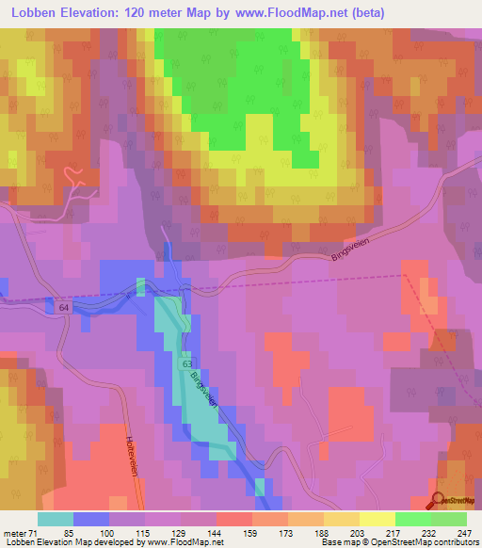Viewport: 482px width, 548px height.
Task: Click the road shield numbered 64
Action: tap(63, 308)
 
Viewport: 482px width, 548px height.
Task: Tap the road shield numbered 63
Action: tap(188, 363)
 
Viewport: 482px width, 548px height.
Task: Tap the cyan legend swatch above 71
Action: tap(56, 519)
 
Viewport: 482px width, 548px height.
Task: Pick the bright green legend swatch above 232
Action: tap(412, 519)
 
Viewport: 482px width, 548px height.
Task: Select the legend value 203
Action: tap(341, 532)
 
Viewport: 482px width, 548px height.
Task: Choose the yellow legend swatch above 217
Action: tap(377, 519)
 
